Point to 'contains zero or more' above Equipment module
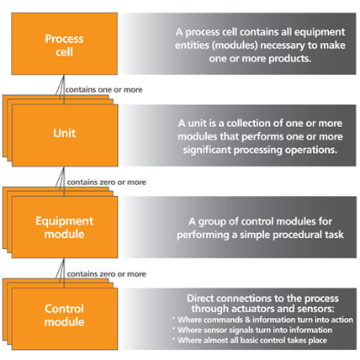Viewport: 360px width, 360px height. [106, 182]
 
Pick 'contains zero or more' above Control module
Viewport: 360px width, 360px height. [106, 274]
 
